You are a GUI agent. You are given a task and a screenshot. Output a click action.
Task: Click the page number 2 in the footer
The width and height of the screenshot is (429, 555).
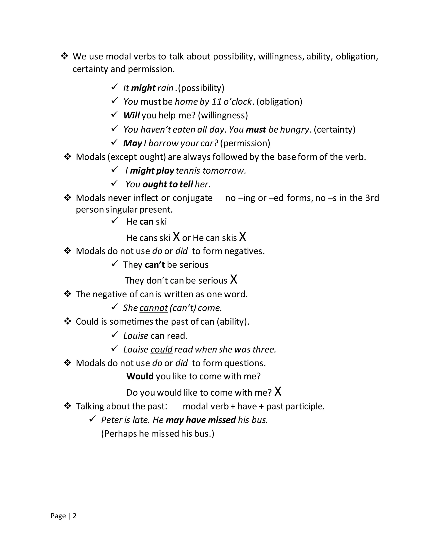tap(74, 516)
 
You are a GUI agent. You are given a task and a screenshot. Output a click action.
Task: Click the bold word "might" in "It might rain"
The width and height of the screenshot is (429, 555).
tap(143, 88)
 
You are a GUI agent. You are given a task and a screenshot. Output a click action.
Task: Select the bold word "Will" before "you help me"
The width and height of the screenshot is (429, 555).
tap(131, 115)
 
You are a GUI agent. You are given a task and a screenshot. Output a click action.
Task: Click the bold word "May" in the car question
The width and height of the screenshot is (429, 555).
tap(132, 143)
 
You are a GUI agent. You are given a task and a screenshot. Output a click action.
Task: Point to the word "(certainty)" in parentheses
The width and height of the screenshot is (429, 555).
tap(335, 130)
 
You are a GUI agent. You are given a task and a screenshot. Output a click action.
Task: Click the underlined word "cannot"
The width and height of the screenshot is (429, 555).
tap(154, 308)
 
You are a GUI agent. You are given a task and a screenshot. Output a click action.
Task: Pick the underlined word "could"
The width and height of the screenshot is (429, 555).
tap(161, 350)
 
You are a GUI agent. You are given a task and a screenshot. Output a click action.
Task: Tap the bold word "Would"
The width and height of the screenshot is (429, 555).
tap(140, 376)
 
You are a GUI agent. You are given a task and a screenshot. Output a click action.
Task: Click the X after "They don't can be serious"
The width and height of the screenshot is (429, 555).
tap(234, 280)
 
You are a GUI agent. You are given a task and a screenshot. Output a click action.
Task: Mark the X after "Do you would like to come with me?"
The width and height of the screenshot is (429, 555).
tap(278, 392)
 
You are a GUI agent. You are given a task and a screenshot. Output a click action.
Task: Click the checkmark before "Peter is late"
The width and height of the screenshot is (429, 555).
tap(93, 418)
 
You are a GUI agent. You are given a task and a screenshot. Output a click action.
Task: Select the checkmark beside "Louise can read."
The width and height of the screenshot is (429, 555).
tap(115, 335)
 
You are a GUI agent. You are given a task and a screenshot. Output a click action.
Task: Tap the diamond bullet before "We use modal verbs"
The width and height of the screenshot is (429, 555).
tap(64, 56)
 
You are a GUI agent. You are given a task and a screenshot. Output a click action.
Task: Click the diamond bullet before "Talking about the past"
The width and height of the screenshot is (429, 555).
tap(68, 406)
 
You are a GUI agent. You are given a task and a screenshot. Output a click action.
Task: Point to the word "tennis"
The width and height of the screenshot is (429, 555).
tap(188, 171)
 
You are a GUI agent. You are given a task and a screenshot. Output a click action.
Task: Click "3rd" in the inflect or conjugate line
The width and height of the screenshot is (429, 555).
tap(372, 198)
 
